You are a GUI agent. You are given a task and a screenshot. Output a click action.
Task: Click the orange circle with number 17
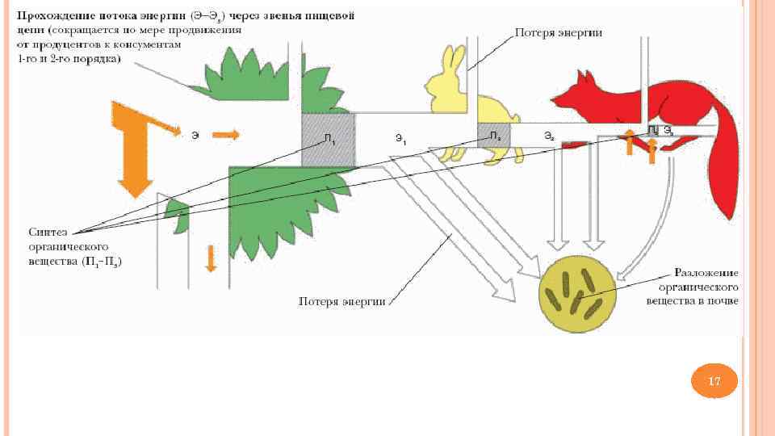(x=714, y=380)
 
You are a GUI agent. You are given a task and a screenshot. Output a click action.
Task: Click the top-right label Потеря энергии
(x=559, y=33)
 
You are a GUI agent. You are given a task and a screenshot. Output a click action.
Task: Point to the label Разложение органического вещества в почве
(x=692, y=287)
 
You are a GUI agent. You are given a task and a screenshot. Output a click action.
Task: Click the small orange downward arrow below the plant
(x=212, y=258)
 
